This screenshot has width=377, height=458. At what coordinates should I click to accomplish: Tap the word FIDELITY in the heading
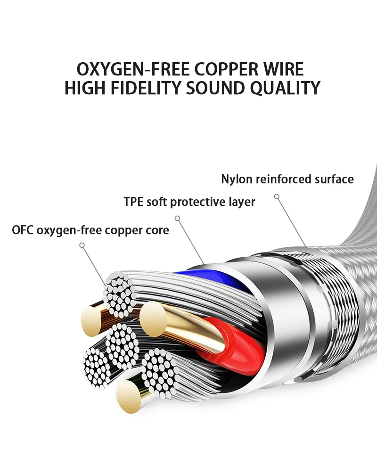point(146,88)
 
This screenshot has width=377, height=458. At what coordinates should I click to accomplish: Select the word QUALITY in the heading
point(285,88)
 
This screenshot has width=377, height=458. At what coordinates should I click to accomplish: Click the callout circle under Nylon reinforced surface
point(277,196)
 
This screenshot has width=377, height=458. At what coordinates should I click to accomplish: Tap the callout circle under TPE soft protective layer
point(177,218)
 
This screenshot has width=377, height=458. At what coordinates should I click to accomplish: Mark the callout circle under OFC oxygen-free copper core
point(82,245)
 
